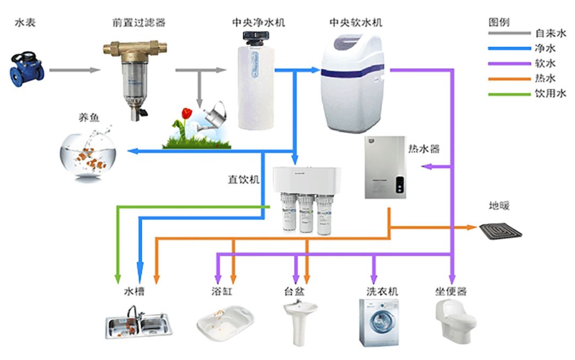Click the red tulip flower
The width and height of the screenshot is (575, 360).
pyautogui.click(x=186, y=113)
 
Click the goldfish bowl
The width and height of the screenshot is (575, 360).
pyautogui.click(x=88, y=155)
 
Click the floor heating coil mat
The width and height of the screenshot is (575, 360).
pyautogui.click(x=500, y=230)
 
